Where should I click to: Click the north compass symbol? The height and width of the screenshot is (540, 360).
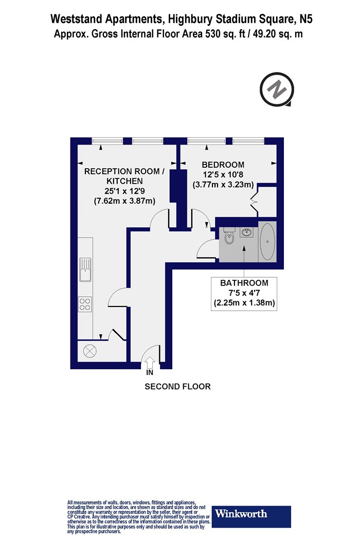pos(277,89)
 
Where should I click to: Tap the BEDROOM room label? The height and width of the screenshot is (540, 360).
pos(223,165)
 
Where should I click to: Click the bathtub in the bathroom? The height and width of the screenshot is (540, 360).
pos(267,241)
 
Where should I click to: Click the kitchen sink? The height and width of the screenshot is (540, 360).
pos(85,269)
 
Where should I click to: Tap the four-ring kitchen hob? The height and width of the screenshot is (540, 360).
pos(85,304)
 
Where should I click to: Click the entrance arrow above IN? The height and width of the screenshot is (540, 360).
pos(150,363)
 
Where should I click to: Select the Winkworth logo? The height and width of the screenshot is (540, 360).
pos(251,516)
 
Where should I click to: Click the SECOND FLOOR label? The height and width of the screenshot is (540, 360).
pos(177,386)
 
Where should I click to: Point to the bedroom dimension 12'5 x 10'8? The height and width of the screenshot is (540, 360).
pos(223,175)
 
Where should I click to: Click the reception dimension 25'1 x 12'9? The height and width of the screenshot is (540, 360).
pos(124,191)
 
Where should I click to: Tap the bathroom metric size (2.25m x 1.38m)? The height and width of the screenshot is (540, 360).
pos(244,303)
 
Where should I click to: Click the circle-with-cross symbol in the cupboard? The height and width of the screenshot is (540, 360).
pos(90,351)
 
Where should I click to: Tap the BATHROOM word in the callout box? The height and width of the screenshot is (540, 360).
pos(244,283)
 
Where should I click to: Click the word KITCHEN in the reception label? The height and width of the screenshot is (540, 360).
pos(124,181)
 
